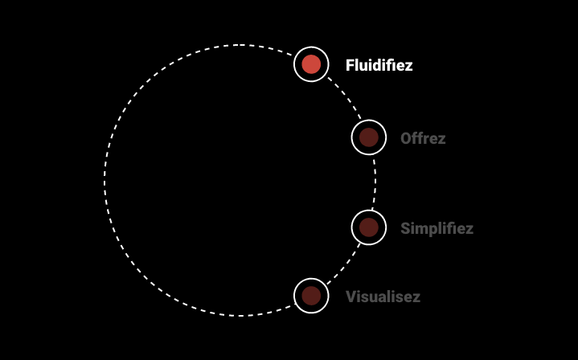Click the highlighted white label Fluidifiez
click(379, 65)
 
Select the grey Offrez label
click(423, 138)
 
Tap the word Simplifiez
click(437, 228)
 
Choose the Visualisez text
click(383, 297)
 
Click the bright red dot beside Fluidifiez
click(311, 64)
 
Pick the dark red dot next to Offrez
click(369, 137)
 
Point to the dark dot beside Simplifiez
click(369, 227)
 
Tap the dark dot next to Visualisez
click(311, 296)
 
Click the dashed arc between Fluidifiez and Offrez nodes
click(344, 95)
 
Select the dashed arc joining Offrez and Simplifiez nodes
click(375, 182)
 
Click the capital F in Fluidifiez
click(350, 65)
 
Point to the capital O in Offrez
click(407, 138)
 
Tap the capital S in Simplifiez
click(406, 228)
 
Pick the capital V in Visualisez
click(351, 297)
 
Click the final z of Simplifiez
click(469, 229)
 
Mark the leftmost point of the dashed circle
click(105, 181)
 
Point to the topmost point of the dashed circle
click(240, 45)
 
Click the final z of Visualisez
click(416, 297)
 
